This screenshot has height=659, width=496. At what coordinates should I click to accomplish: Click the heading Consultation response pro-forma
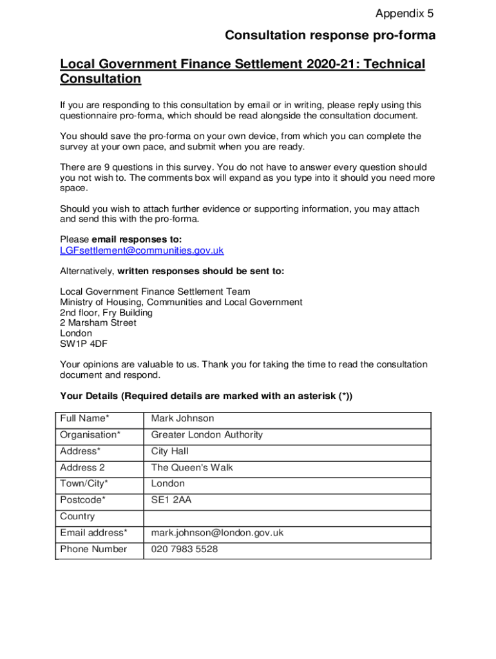click(330, 36)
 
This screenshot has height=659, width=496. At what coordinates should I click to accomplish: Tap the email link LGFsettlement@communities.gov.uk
click(142, 250)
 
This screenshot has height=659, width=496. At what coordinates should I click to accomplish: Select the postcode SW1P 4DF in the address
click(76, 344)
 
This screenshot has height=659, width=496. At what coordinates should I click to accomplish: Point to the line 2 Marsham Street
click(98, 323)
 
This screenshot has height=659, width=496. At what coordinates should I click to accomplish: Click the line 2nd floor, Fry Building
click(106, 313)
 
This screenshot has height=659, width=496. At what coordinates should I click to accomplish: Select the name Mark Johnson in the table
click(182, 419)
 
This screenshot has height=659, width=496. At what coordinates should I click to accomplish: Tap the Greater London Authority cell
click(207, 435)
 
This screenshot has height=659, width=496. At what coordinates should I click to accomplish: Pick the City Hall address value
click(170, 451)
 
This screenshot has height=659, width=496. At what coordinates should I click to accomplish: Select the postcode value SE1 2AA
click(171, 500)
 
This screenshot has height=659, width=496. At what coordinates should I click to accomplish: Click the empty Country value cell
click(287, 517)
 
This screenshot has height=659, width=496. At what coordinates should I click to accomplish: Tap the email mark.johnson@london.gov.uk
click(217, 533)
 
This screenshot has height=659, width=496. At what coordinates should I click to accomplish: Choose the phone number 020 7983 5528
click(184, 550)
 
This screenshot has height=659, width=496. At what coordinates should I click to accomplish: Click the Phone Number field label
click(93, 550)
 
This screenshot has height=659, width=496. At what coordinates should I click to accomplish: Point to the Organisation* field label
click(90, 435)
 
